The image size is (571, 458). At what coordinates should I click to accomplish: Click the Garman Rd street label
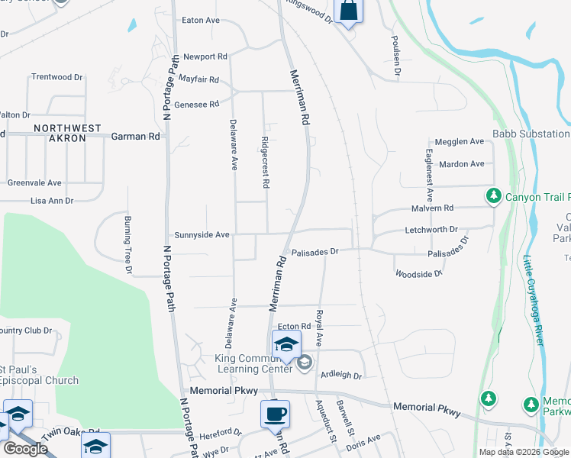[136, 136]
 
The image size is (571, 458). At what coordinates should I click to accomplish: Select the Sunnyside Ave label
[202, 235]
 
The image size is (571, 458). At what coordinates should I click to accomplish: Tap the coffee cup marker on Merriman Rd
[275, 414]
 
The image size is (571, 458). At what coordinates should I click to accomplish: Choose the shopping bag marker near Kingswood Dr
[347, 11]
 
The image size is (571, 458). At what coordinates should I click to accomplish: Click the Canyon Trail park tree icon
[494, 197]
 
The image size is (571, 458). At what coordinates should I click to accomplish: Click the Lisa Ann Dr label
[52, 201]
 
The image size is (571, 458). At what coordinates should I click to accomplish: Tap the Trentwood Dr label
[56, 77]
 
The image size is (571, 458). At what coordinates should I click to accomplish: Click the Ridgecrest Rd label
[265, 162]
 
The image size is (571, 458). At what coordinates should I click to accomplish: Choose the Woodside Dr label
[418, 273]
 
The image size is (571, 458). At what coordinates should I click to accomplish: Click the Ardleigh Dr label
[340, 376]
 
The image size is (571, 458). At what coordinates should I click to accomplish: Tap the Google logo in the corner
[26, 450]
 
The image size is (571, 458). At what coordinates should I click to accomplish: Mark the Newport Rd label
[205, 56]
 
